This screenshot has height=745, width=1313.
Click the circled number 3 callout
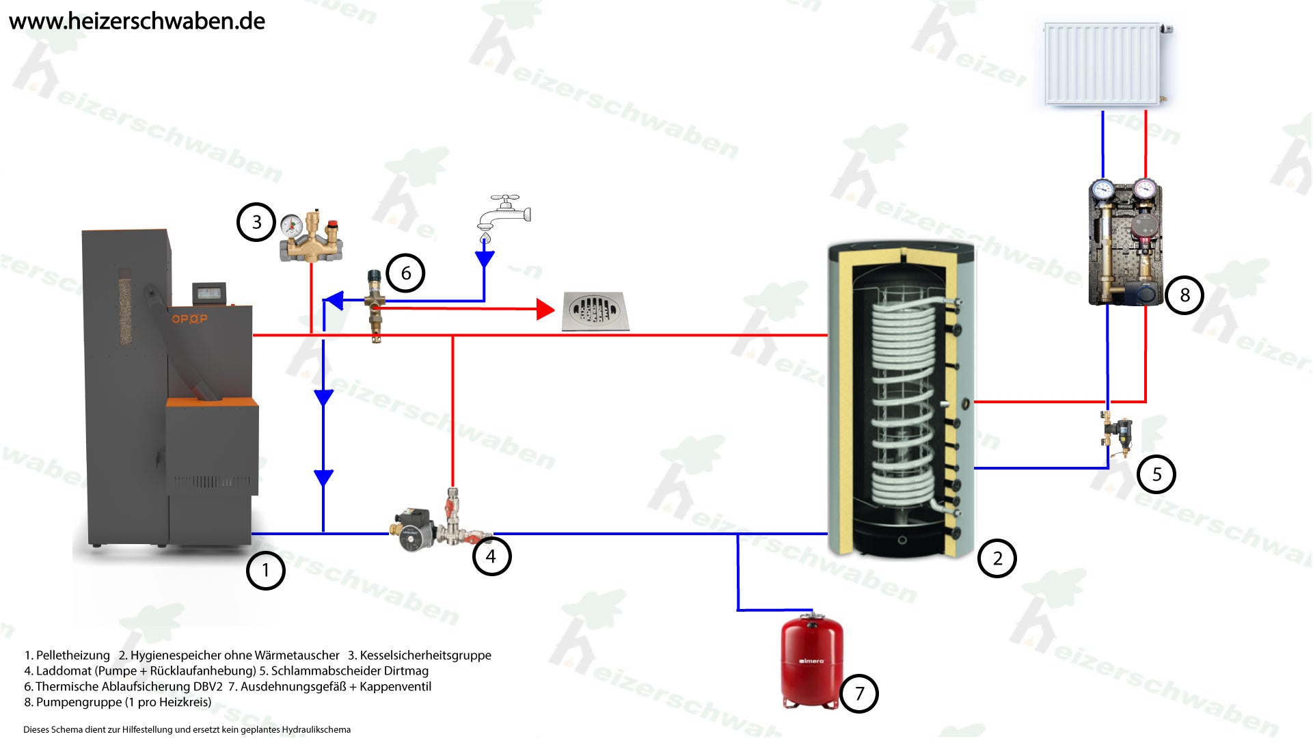(256, 222)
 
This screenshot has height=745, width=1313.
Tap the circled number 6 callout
(405, 273)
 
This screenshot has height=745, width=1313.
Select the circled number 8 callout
(1185, 295)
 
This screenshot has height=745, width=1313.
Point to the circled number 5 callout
(1156, 474)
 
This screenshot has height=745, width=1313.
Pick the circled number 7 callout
(859, 694)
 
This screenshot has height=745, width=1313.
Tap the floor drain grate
(595, 312)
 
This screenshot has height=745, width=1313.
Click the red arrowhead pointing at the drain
(545, 310)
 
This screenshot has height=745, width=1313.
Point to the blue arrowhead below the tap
(485, 259)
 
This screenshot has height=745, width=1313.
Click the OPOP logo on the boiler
(189, 319)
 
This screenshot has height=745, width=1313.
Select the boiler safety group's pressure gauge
(293, 224)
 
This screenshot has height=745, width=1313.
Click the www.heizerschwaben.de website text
(137, 21)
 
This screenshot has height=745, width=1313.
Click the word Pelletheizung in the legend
(72, 655)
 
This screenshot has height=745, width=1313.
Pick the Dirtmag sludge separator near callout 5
(1117, 433)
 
